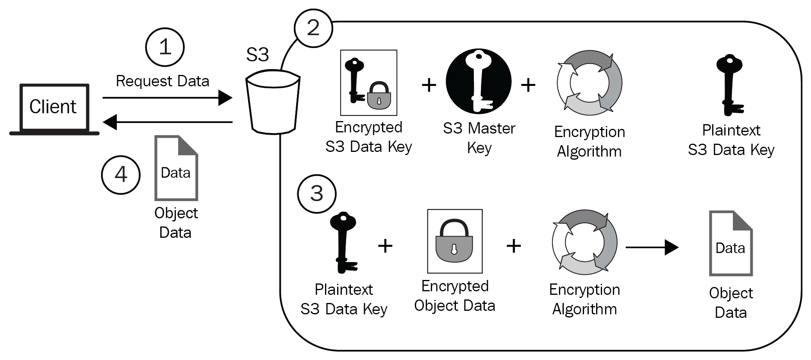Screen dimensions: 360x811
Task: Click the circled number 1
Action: [165, 47]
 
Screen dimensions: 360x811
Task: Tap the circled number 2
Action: [313, 28]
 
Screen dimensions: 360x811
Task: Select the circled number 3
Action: [316, 193]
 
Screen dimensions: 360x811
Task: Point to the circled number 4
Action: [121, 174]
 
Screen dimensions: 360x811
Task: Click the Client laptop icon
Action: [54, 109]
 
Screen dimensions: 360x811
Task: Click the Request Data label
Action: [163, 81]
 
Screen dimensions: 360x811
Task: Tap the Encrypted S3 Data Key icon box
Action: [368, 83]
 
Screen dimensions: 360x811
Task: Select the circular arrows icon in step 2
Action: [589, 83]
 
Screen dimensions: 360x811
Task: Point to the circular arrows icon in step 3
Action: [584, 242]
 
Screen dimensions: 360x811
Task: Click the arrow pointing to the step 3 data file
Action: [652, 247]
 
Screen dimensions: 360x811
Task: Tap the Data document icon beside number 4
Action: [176, 168]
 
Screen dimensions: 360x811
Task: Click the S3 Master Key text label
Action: [479, 138]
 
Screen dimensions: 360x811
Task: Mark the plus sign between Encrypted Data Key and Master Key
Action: [429, 85]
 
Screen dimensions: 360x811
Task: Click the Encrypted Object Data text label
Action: [455, 296]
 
